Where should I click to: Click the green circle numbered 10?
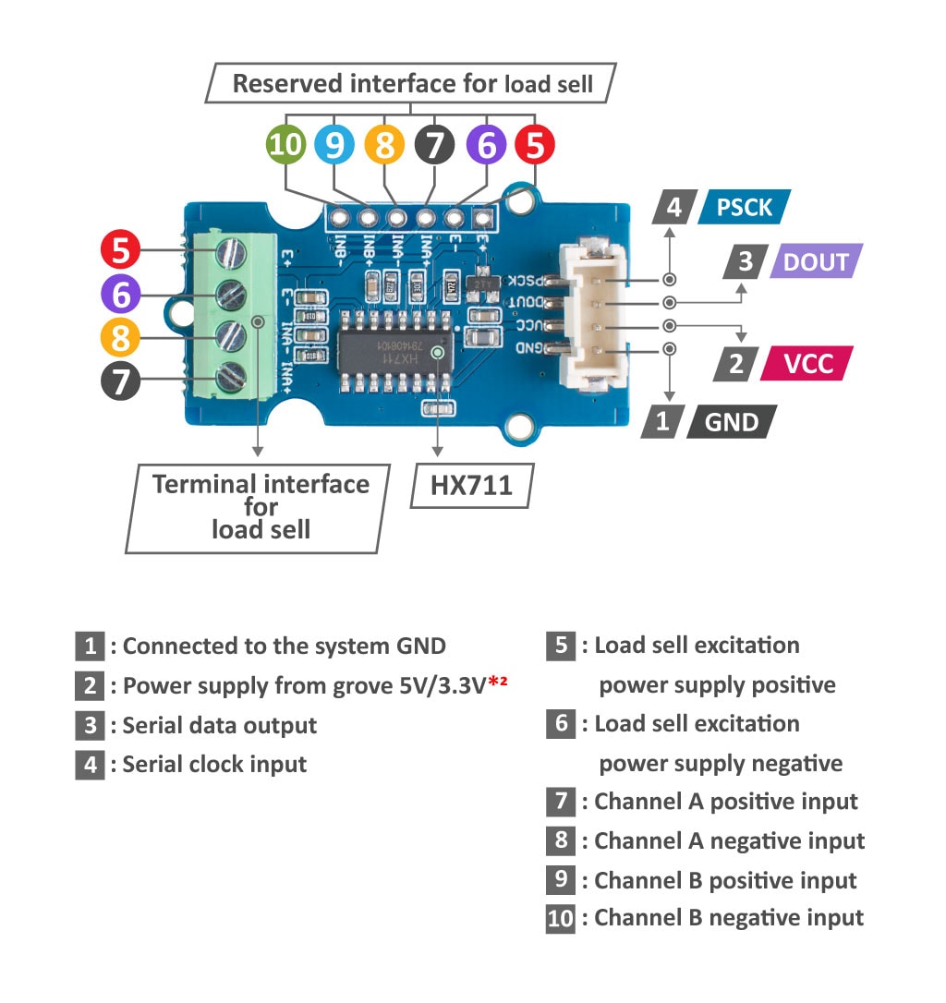pos(286,145)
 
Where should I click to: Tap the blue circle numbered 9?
pos(334,145)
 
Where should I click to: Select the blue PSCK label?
pos(744,207)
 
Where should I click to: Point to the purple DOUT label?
pos(815,262)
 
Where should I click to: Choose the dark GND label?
pos(731,422)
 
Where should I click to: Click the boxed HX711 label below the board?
pos(471,485)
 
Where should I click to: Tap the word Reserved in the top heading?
pos(286,84)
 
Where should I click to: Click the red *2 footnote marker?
pos(500,683)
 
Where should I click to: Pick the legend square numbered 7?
pos(561,801)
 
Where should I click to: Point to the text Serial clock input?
pos(214,764)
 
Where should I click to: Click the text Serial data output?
pos(220,725)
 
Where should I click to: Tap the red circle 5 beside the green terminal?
pos(120,250)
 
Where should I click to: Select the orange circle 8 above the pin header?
pos(384,145)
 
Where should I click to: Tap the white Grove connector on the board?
pos(591,313)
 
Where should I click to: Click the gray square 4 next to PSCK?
pos(674,207)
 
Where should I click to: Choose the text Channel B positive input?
pos(725,880)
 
